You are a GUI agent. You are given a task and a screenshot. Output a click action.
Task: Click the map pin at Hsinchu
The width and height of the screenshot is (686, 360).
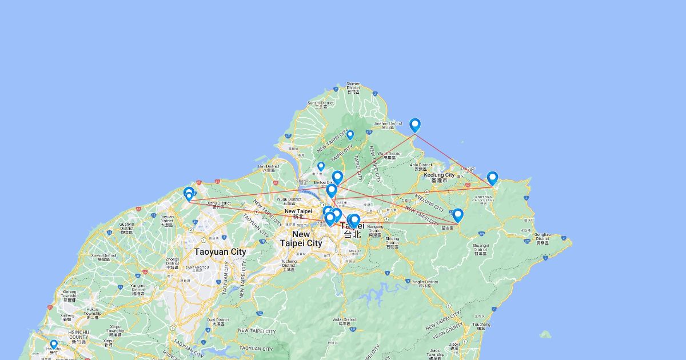coord(54,345)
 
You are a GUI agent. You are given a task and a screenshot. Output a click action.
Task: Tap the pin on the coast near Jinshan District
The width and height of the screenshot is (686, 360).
coord(415,125)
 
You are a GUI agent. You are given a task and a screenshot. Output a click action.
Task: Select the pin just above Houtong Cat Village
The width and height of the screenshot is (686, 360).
coord(492,178)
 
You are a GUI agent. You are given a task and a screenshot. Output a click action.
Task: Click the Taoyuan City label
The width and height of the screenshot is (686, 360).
coord(220,251)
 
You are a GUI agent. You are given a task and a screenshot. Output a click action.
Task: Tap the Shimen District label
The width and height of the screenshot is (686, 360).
coord(353,86)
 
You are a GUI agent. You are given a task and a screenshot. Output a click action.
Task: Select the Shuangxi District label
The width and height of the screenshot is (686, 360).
coord(480,249)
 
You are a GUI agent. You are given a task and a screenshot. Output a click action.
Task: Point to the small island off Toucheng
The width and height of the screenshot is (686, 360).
coord(545,334)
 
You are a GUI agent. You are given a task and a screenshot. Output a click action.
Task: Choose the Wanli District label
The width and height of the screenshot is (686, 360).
coord(389,155)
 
